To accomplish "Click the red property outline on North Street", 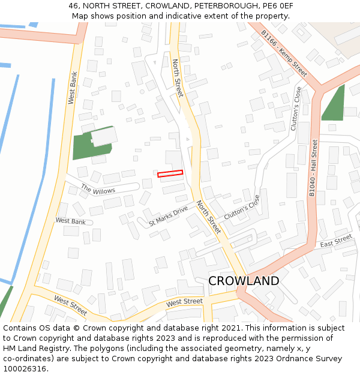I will coord(170,174).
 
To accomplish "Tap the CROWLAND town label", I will coord(244,281).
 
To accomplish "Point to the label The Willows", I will coord(98,190).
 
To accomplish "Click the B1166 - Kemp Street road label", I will coord(284,55).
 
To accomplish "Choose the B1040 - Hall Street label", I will coord(313,167).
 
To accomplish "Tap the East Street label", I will coord(336,241).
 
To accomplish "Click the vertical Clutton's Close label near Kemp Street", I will coord(295,109).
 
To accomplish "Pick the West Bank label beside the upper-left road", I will coord(73,88).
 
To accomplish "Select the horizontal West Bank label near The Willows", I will coord(70,221).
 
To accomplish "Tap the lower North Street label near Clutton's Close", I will coord(209,217).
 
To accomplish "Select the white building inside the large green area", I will coord(104,137).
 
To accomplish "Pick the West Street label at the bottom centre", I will coord(184,302).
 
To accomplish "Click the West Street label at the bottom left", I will coord(70,305).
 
